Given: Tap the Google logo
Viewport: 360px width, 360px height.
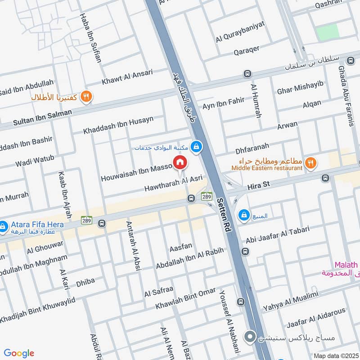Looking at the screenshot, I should (19, 353).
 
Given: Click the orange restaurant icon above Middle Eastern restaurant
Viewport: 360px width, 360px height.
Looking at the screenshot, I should (310, 162).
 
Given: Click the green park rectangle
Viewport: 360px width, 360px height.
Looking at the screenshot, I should (327, 32).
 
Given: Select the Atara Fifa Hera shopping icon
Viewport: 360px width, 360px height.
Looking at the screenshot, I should (4, 225).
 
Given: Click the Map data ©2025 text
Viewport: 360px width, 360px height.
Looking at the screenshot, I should (336, 355).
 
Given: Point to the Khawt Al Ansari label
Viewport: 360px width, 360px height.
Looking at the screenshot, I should (127, 77).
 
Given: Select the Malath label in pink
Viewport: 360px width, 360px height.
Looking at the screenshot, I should (346, 265).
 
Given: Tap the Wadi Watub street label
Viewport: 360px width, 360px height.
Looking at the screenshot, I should (34, 161).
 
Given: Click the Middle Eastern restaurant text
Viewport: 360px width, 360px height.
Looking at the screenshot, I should (267, 168).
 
